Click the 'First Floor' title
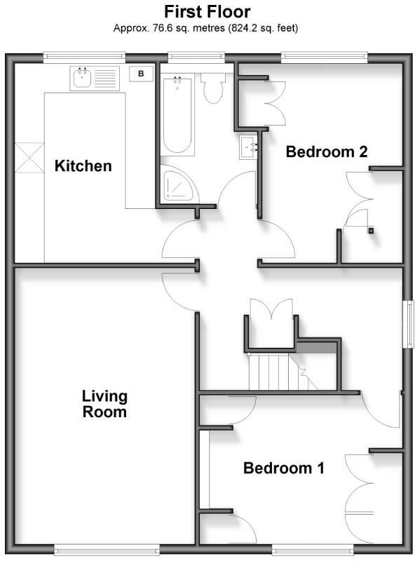pos(207,12)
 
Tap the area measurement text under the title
pos(207,29)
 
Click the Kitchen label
pos(83,166)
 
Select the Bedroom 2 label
pos(327,151)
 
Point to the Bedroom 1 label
pos(283,468)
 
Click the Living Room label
pos(104,404)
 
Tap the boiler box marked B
pos(142,74)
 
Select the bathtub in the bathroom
pos(178,116)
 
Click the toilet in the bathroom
pos(212,88)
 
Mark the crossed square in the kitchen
pos(29,157)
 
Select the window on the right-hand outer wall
pos(407,324)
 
